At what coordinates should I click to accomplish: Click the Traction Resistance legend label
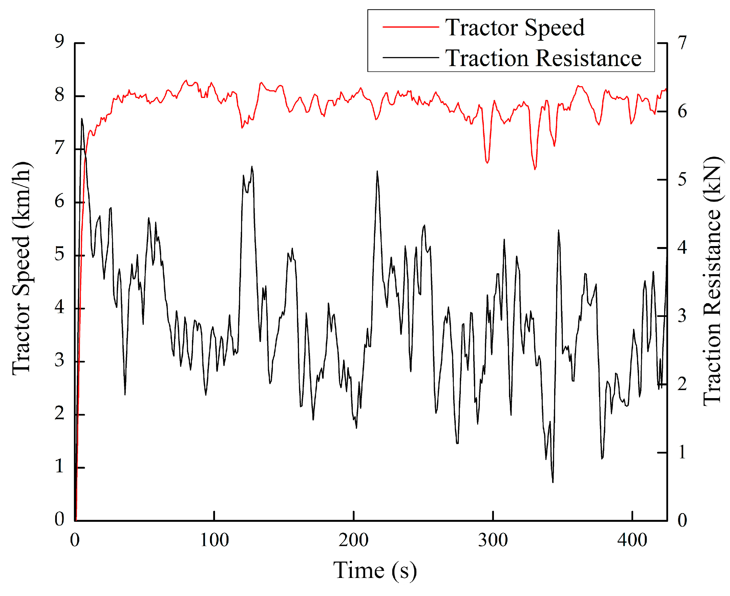point(543,58)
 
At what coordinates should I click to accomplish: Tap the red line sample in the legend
point(411,27)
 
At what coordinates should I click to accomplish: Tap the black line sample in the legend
point(411,58)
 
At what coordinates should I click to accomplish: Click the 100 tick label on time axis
point(214,540)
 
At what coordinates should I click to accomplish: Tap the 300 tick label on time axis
point(493,540)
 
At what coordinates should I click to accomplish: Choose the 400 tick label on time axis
point(632,540)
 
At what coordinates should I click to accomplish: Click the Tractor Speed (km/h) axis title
point(22,268)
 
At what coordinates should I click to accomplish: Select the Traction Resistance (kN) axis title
point(712,281)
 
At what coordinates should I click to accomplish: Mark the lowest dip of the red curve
point(535,169)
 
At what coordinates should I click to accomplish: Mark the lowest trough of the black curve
point(553,482)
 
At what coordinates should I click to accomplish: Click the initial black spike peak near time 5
point(82,119)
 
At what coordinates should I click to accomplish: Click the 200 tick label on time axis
point(353,540)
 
